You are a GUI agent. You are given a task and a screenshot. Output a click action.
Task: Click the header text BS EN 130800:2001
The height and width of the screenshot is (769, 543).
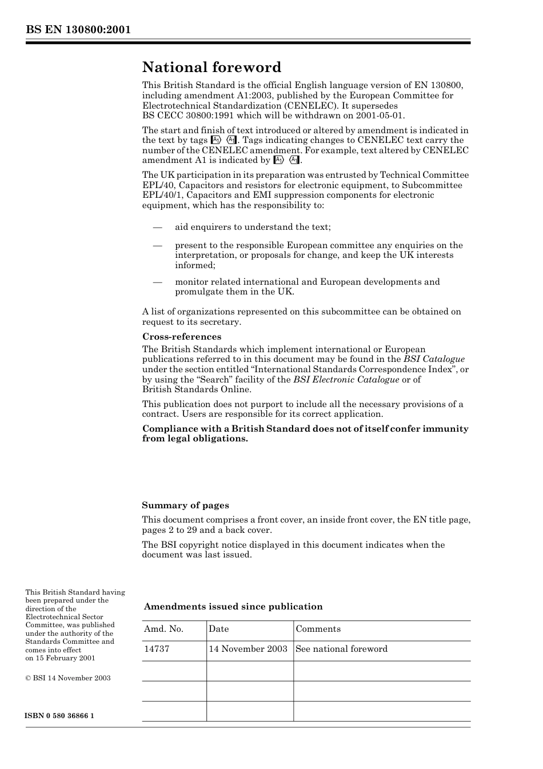(x=78, y=30)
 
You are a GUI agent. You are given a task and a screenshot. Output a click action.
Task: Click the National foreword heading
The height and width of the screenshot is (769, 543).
(x=211, y=67)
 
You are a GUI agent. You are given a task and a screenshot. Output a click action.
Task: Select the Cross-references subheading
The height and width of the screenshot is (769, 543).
(x=181, y=337)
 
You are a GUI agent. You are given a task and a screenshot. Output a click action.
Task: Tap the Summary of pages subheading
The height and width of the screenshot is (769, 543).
(x=185, y=505)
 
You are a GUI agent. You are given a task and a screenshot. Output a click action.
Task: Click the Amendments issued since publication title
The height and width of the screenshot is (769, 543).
(x=233, y=607)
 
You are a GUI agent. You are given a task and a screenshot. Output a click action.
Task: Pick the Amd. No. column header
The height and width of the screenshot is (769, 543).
(x=163, y=629)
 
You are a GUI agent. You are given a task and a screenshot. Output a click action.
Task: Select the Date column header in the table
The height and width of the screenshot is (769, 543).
(x=218, y=629)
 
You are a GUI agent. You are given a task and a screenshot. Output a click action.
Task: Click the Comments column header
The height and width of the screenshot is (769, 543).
(x=318, y=629)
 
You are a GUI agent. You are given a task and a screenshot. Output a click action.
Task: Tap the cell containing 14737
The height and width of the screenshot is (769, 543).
(x=157, y=649)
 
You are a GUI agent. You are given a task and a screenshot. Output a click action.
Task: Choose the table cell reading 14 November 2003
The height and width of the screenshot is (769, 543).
(x=247, y=649)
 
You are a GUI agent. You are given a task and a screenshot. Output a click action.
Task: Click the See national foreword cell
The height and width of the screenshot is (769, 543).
(x=341, y=649)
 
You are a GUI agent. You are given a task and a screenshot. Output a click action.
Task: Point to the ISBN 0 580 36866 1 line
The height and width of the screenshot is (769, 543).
(x=60, y=716)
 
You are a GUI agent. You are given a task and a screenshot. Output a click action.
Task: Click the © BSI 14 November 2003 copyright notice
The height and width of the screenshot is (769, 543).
(x=68, y=678)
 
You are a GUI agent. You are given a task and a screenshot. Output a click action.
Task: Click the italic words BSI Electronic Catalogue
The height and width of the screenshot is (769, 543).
(x=346, y=380)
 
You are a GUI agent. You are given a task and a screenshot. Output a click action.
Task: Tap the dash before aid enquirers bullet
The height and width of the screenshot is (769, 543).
(x=158, y=227)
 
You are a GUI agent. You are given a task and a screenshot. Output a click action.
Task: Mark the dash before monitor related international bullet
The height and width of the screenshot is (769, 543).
(x=158, y=282)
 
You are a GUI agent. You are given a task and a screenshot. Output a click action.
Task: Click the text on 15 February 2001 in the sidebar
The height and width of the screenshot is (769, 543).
(x=60, y=658)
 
